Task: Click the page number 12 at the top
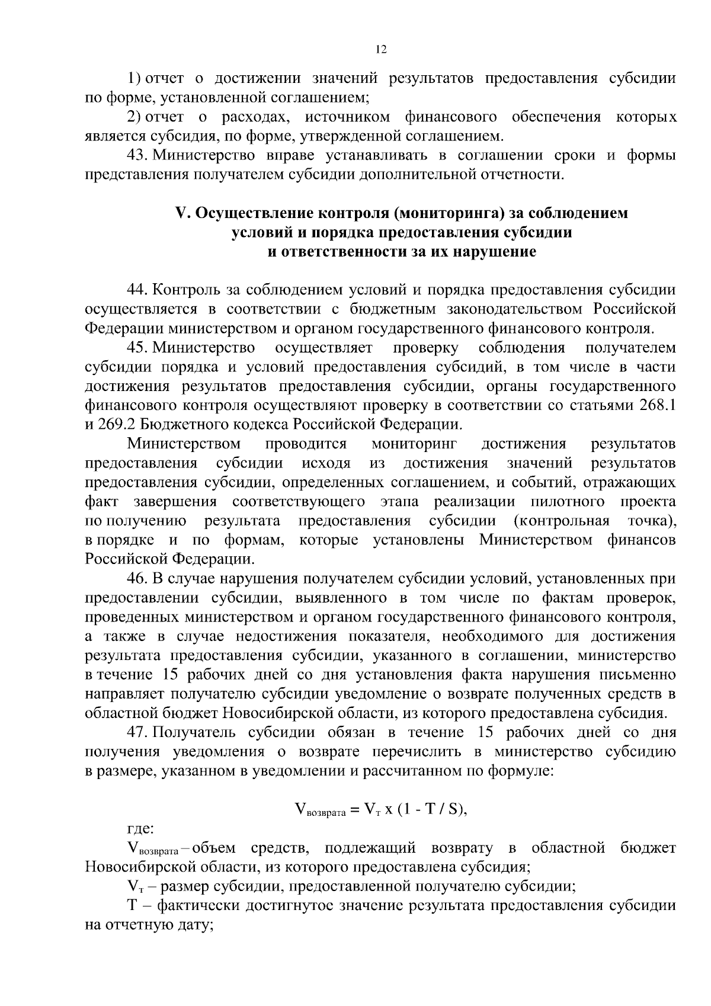[x=381, y=50]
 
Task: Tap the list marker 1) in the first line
[x=134, y=78]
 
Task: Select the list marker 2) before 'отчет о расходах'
[x=134, y=117]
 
